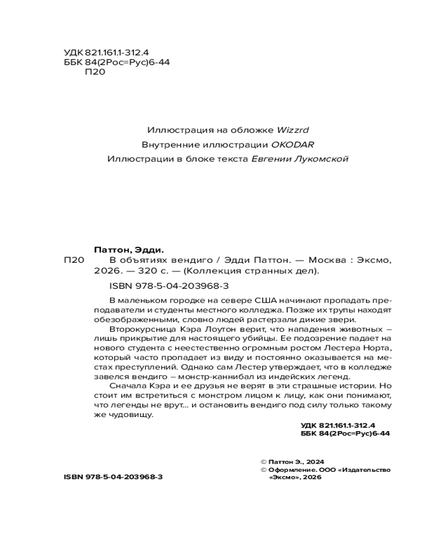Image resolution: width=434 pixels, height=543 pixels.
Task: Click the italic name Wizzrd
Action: (x=293, y=130)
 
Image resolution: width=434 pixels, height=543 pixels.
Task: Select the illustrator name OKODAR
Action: (x=293, y=145)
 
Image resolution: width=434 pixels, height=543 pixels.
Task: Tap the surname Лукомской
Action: (x=320, y=159)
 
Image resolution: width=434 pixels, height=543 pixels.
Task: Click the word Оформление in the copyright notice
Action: (x=292, y=470)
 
